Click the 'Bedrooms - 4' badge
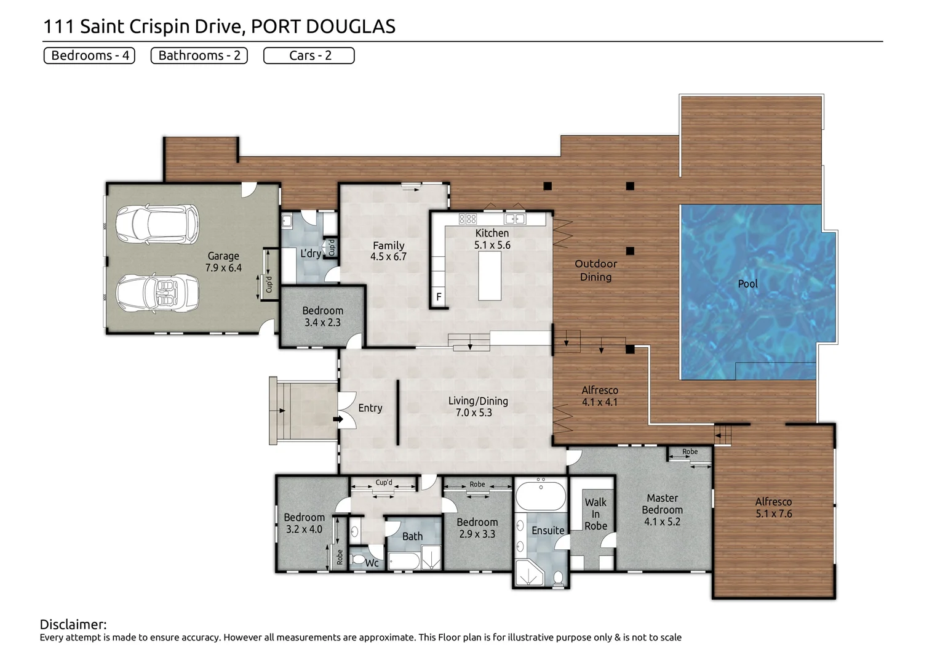(x=89, y=55)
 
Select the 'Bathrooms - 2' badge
(x=199, y=55)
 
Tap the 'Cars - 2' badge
(x=309, y=55)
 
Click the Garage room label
(x=223, y=262)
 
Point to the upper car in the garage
(x=157, y=224)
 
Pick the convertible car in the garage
(x=157, y=293)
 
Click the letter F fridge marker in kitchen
(x=439, y=297)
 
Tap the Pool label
(x=747, y=284)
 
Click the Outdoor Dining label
(x=595, y=270)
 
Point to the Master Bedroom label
(x=662, y=509)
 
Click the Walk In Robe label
(x=595, y=514)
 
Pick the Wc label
(x=372, y=563)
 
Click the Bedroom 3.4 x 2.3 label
(x=322, y=316)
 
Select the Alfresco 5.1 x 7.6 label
(x=773, y=508)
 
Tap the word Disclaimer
(x=73, y=624)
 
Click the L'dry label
(x=311, y=253)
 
